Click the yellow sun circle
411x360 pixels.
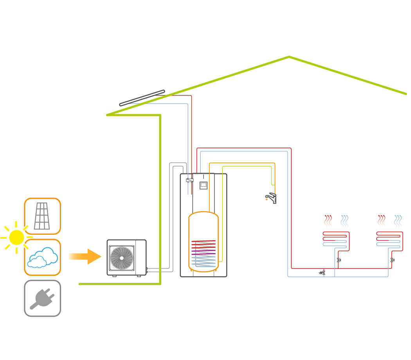click(16, 238)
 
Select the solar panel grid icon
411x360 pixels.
click(42, 216)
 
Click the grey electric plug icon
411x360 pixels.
click(42, 299)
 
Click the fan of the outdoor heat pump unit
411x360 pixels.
click(122, 258)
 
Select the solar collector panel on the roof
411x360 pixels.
click(142, 98)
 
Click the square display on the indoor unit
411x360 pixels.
click(204, 185)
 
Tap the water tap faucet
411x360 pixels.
click(271, 198)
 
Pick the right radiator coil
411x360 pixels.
click(389, 239)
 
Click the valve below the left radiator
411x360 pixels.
click(339, 260)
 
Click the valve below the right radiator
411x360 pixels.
click(392, 260)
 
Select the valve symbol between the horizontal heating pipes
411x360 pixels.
click(322, 273)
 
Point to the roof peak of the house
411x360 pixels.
click(289, 57)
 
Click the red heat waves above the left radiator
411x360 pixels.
click(328, 221)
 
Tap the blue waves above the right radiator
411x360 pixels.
click(398, 221)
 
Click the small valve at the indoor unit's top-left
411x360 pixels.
click(190, 180)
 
